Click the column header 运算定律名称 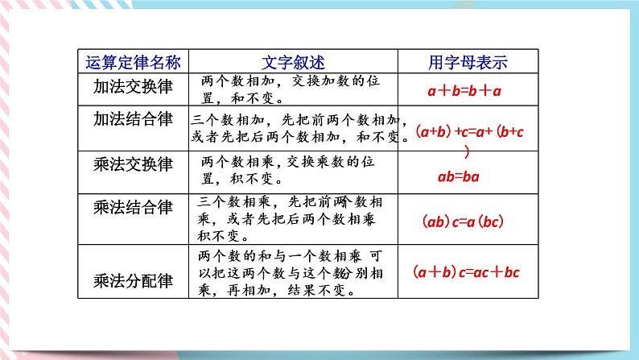coord(133,62)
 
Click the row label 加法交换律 coord(133,84)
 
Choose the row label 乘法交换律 coord(133,164)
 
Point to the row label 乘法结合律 coord(133,208)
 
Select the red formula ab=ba coord(457,177)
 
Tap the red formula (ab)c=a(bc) coord(463,220)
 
